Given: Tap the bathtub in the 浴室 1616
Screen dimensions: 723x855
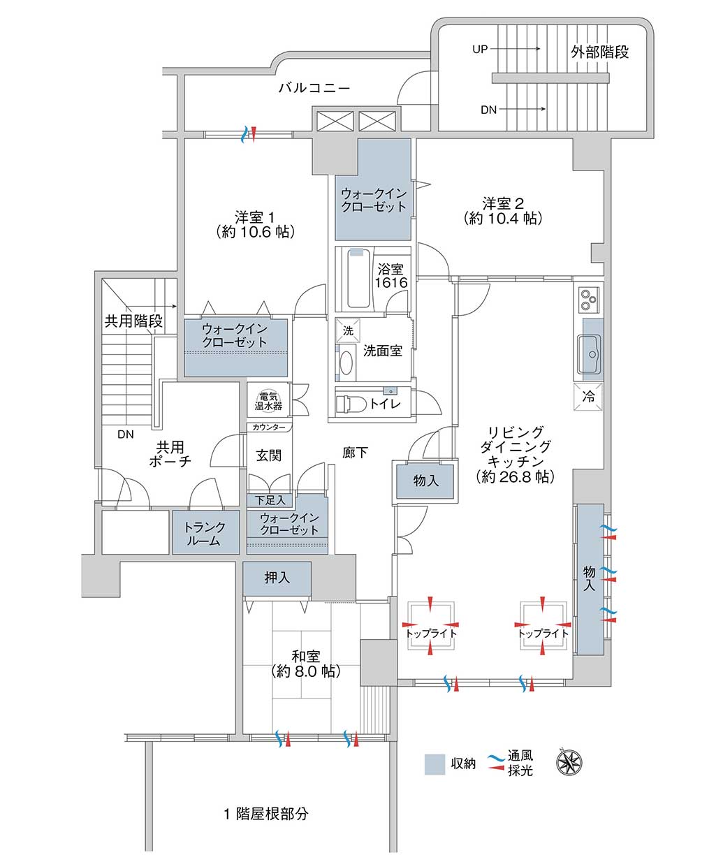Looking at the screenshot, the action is [x=358, y=277].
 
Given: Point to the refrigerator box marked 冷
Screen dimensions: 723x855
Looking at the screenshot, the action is [x=587, y=396].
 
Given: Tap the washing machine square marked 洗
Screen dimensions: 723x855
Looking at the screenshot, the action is [x=347, y=330].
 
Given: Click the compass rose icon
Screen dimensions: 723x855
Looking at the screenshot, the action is [x=569, y=762].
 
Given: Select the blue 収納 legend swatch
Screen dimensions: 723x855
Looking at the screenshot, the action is [x=434, y=763].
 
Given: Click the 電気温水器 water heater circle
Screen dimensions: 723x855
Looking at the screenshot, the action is [x=268, y=400].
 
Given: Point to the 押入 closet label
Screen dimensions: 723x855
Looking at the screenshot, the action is [x=277, y=577].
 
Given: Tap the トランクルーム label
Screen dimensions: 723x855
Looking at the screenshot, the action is [x=205, y=533].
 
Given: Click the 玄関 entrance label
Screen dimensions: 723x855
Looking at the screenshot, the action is [x=269, y=455].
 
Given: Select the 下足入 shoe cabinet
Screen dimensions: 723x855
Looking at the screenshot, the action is [x=270, y=500].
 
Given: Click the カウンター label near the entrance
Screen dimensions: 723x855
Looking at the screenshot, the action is [x=269, y=427].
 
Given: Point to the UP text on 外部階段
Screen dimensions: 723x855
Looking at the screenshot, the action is [x=480, y=49].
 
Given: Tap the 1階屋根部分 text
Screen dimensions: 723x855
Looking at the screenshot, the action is [x=266, y=814].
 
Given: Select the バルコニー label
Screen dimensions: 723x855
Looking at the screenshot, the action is [x=314, y=88].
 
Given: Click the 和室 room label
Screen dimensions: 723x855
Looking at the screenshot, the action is [x=306, y=656].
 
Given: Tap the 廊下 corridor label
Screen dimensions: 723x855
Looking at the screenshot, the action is [x=355, y=453].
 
